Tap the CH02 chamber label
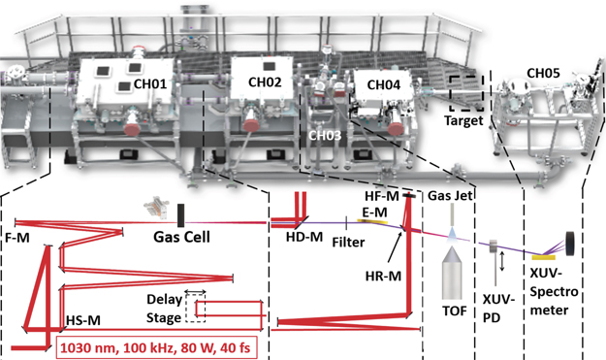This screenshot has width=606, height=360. (264, 83)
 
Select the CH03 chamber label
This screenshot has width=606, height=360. (324, 136)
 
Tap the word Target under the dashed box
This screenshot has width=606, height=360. (462, 121)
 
